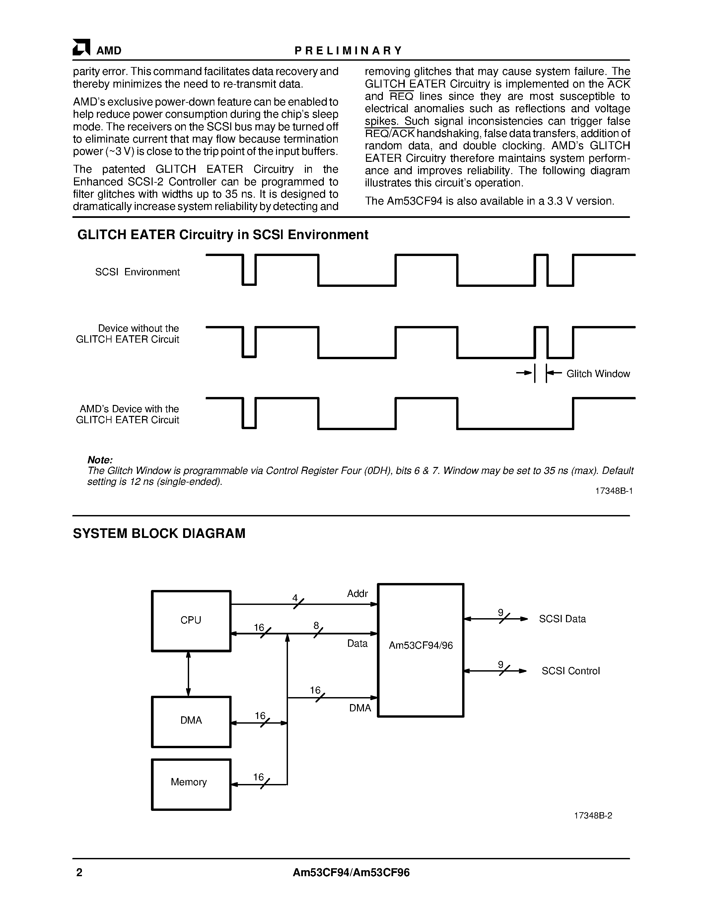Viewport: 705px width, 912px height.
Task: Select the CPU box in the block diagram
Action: pyautogui.click(x=191, y=620)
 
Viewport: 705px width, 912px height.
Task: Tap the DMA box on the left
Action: pyautogui.click(x=191, y=721)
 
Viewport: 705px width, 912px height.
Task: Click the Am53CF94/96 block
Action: pyautogui.click(x=421, y=646)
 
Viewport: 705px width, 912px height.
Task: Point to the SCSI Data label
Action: pyautogui.click(x=562, y=619)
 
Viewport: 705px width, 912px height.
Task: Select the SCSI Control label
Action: pyautogui.click(x=571, y=671)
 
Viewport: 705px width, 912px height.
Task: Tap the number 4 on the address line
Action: pyautogui.click(x=295, y=598)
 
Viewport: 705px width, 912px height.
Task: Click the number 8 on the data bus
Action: pyautogui.click(x=316, y=626)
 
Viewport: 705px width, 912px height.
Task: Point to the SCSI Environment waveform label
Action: pyautogui.click(x=137, y=272)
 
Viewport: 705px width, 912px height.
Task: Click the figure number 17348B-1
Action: pyautogui.click(x=613, y=491)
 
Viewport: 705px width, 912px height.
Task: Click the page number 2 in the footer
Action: pyautogui.click(x=79, y=873)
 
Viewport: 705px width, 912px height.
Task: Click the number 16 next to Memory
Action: pyautogui.click(x=258, y=777)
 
